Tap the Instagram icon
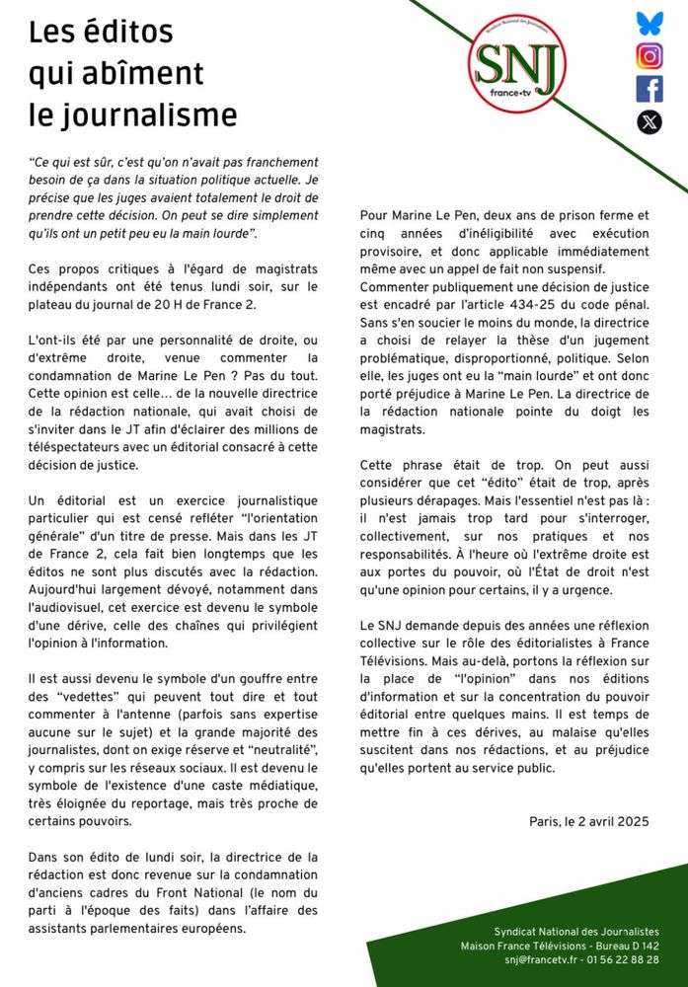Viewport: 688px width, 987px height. point(650,56)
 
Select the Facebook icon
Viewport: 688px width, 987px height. point(650,89)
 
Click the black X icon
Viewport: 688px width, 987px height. point(650,121)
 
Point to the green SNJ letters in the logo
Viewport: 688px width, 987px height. point(516,65)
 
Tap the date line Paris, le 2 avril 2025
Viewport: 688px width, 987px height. point(588,820)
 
